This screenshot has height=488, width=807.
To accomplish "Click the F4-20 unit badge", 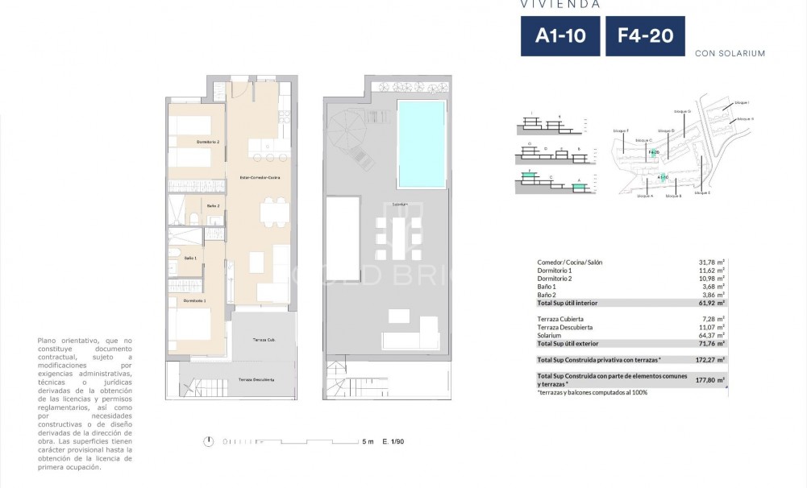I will click(x=645, y=36).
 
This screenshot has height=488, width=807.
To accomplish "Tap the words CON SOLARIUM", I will click(x=730, y=54).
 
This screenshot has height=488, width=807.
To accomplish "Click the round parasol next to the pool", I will click(x=348, y=129).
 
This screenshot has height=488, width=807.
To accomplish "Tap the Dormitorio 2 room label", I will click(x=207, y=142).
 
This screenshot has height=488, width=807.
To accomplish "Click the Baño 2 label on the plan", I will click(x=213, y=206).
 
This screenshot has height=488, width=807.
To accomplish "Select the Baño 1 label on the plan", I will click(x=190, y=258).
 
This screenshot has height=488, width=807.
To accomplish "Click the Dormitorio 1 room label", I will click(x=194, y=300).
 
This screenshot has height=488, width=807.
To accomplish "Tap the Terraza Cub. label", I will click(x=252, y=341).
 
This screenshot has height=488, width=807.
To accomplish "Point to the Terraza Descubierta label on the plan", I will click(x=256, y=379).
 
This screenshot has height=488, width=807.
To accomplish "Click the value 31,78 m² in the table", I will click(x=710, y=263).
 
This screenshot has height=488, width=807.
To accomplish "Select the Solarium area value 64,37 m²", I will click(x=710, y=335).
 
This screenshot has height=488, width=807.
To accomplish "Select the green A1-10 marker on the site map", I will click(x=663, y=178).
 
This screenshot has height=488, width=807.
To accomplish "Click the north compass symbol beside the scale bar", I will click(x=209, y=441).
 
